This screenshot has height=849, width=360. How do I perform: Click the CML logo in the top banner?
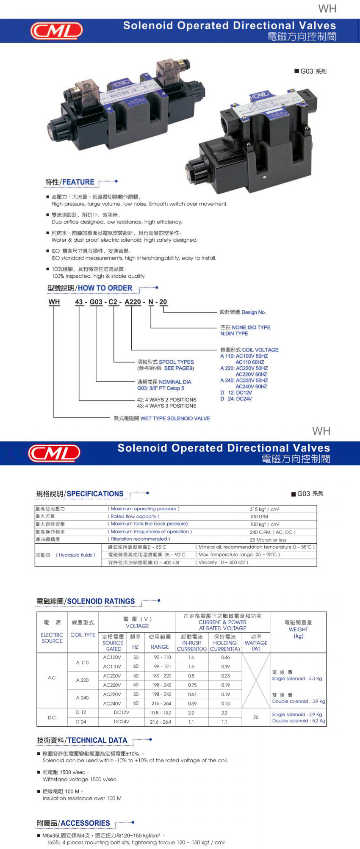point(56,30)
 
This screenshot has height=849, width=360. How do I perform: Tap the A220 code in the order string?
point(133,302)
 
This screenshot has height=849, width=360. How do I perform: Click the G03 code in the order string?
point(96,302)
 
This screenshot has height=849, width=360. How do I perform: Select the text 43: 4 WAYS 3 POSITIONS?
point(166,406)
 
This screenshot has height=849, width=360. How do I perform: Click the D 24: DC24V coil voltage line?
point(236,398)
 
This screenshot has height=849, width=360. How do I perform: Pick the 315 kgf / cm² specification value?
point(264,509)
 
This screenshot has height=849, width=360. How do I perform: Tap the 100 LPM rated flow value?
point(259,517)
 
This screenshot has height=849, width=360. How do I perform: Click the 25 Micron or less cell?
point(268,540)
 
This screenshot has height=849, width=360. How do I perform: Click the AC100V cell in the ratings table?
point(112,657)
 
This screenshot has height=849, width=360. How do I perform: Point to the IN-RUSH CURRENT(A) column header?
point(191,643)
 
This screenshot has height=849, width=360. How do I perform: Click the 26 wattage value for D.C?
point(256,717)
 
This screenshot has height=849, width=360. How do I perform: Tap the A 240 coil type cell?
point(82,697)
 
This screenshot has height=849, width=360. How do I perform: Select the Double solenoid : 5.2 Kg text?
point(299,721)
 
